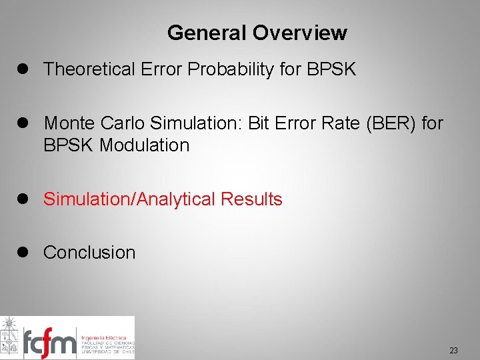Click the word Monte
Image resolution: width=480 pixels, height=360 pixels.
point(69,123)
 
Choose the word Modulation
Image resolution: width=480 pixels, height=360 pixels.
point(145,145)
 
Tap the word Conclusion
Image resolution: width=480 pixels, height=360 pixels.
point(89,253)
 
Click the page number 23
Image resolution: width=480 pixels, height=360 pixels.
point(453,350)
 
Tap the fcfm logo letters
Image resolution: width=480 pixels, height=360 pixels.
point(49,343)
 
